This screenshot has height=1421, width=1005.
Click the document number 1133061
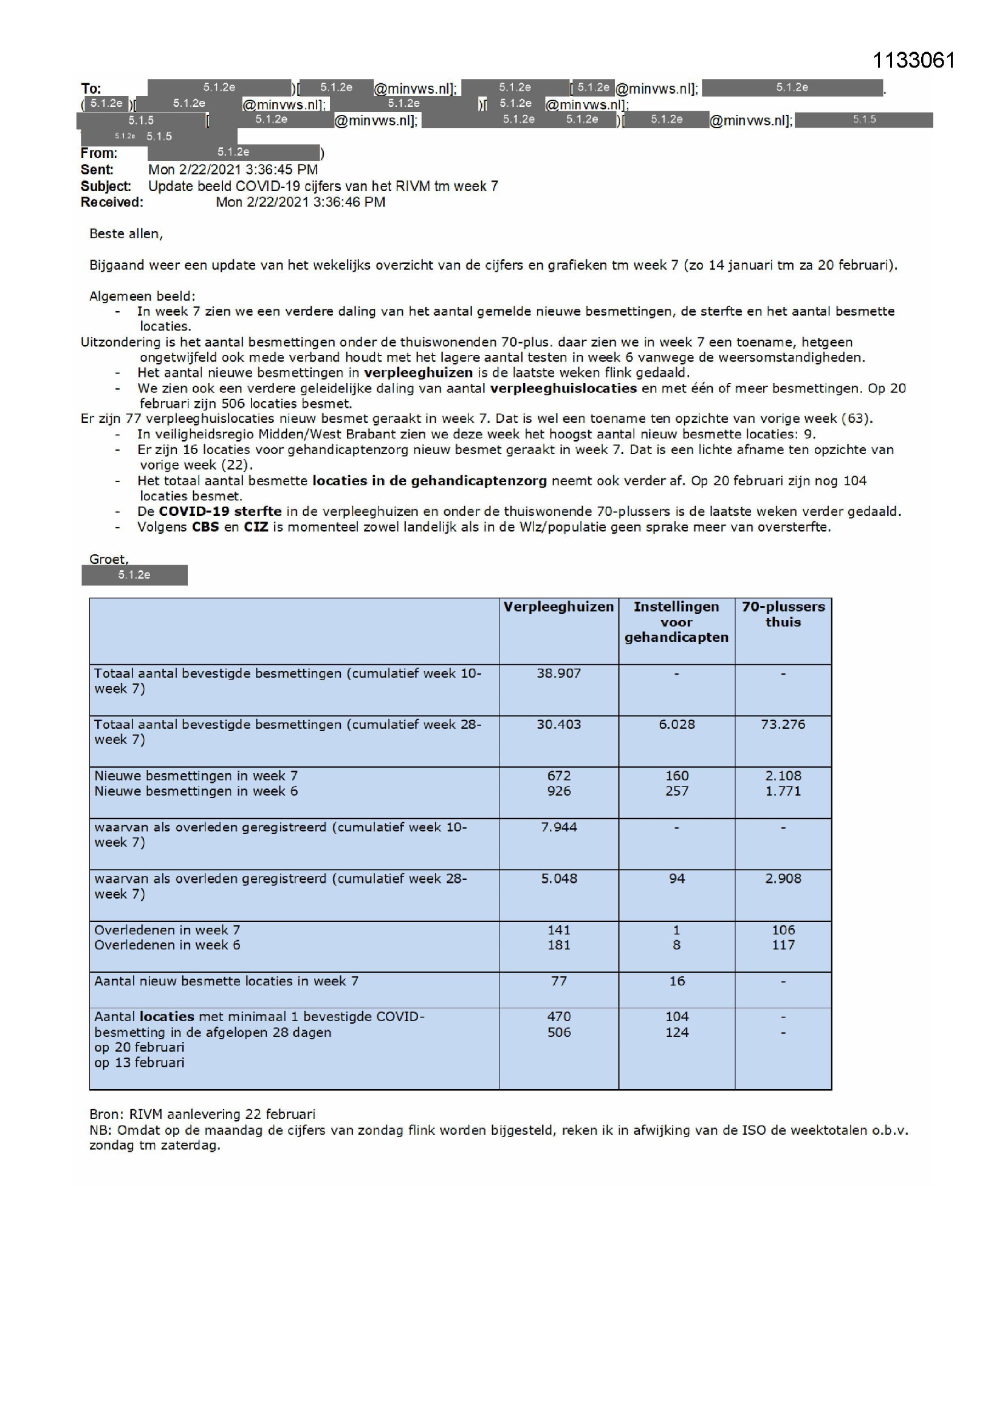tap(913, 60)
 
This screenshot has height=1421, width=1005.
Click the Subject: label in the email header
tap(105, 187)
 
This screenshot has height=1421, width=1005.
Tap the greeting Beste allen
tap(126, 234)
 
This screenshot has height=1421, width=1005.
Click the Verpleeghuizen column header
tap(558, 607)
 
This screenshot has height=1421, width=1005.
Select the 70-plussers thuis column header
tap(783, 614)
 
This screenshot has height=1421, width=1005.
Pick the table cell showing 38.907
tap(558, 673)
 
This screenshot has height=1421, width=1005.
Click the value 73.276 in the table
tap(783, 724)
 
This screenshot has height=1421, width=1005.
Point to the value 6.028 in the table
tap(676, 724)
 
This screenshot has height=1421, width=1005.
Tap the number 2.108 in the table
tap(783, 776)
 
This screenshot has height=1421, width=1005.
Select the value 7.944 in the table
tap(558, 827)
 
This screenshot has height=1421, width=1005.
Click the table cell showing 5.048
tap(558, 879)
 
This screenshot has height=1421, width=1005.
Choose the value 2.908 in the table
tap(783, 879)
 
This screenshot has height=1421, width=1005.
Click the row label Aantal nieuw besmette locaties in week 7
tap(226, 982)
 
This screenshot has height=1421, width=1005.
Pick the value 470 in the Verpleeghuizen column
tap(558, 1017)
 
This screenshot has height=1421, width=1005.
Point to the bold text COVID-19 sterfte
tap(220, 512)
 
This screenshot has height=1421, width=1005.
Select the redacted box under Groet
tap(134, 575)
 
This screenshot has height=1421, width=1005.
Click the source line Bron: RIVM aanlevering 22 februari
tap(202, 1115)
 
